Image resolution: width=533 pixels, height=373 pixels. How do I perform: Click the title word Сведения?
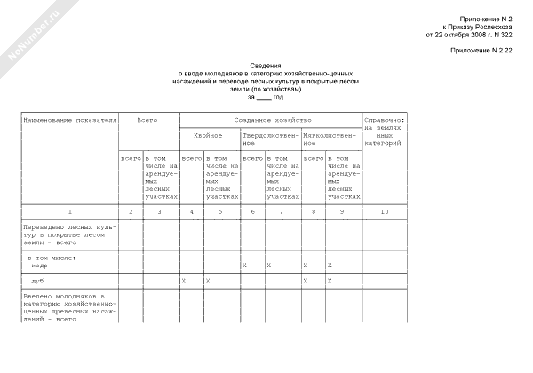(x=265, y=66)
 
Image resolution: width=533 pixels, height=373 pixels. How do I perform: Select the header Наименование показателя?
(x=70, y=118)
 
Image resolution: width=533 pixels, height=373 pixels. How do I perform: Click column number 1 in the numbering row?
(x=70, y=210)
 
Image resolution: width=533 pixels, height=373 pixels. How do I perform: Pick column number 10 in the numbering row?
(x=384, y=210)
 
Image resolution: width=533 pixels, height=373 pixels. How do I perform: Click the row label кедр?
(x=41, y=265)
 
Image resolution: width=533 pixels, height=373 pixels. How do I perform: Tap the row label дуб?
(x=37, y=281)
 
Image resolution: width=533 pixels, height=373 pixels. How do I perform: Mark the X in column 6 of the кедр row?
(x=244, y=265)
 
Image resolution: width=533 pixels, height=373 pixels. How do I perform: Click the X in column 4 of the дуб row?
(x=183, y=281)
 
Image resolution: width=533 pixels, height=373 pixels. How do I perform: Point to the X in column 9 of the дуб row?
(x=329, y=281)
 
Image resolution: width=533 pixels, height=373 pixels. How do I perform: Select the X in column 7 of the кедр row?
(x=269, y=265)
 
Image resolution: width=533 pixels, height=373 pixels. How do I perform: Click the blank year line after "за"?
(x=265, y=97)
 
